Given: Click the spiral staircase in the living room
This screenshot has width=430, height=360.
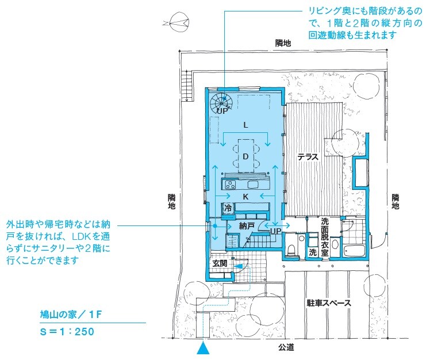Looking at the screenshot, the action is pos(221,103).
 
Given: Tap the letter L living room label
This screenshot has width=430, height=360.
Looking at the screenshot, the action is pos(245,125).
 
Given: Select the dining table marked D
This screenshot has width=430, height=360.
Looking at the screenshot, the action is pos(246,156).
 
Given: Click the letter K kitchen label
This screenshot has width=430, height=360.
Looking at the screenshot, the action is pos(245,197).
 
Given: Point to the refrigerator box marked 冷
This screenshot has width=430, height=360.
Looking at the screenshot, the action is pos(228,208).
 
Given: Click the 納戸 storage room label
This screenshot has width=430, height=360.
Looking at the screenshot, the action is pos(247,226).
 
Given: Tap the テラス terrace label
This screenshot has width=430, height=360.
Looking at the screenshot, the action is pos(308,157).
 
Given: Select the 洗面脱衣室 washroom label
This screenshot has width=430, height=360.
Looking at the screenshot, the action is pos(325,237).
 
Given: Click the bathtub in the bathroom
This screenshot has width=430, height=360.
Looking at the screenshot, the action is pos(354,251).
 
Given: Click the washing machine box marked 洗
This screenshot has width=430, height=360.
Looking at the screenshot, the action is pos(313,252).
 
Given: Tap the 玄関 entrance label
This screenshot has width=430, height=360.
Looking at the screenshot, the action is pos(220,263).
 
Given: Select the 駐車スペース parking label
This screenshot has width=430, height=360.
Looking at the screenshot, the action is pos(329,303).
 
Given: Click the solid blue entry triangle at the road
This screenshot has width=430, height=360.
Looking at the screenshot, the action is pos(203,348).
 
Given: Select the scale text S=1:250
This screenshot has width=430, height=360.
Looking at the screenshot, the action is pos(67,331).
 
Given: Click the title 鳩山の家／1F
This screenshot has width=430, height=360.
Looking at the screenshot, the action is pos(71,315).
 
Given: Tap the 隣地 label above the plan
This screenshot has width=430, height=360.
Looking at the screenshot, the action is pos(283,43).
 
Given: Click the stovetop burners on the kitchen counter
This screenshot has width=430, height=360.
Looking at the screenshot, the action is pos(231,185).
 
